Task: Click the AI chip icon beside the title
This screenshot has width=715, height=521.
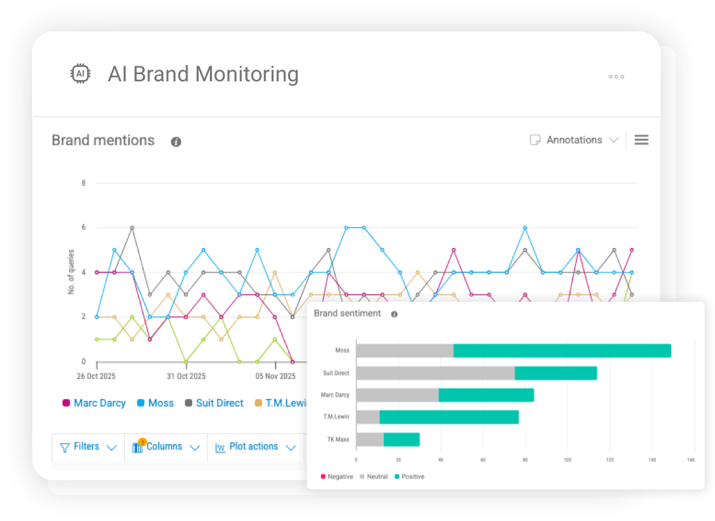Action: click(80, 74)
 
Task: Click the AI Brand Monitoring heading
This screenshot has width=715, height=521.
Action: click(203, 74)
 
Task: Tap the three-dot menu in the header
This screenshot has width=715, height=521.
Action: click(616, 77)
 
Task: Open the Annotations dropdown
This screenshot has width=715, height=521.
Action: click(574, 140)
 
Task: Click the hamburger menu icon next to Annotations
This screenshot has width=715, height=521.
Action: click(641, 140)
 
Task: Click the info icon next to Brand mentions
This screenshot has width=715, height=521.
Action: click(176, 142)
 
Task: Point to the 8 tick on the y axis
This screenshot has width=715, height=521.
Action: click(83, 183)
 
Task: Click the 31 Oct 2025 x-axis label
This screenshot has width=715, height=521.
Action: click(186, 377)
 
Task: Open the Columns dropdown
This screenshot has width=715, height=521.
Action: click(165, 447)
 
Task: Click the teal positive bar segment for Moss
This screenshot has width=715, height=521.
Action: click(562, 350)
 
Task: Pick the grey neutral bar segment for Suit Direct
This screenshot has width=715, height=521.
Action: click(435, 373)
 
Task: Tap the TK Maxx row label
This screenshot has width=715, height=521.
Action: click(338, 439)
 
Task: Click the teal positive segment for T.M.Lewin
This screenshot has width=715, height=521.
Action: click(449, 417)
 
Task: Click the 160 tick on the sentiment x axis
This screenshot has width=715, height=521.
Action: click(691, 460)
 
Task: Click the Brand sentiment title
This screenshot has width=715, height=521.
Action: click(347, 314)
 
